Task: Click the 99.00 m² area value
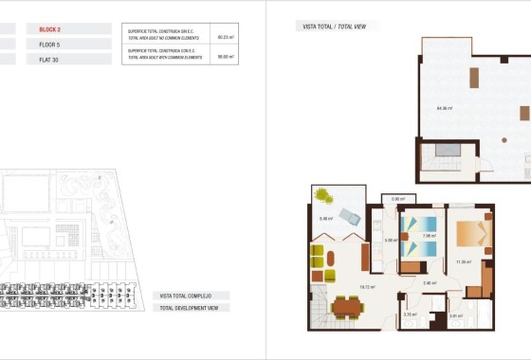[x=226, y=57]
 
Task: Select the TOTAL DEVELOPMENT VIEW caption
[x=191, y=309]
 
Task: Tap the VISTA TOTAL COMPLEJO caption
[x=186, y=296]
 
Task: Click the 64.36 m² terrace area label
[x=444, y=108]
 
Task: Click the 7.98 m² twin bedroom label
[x=428, y=235]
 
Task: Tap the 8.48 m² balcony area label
[x=325, y=219]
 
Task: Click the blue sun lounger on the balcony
[x=350, y=215]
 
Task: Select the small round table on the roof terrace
[x=524, y=112]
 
